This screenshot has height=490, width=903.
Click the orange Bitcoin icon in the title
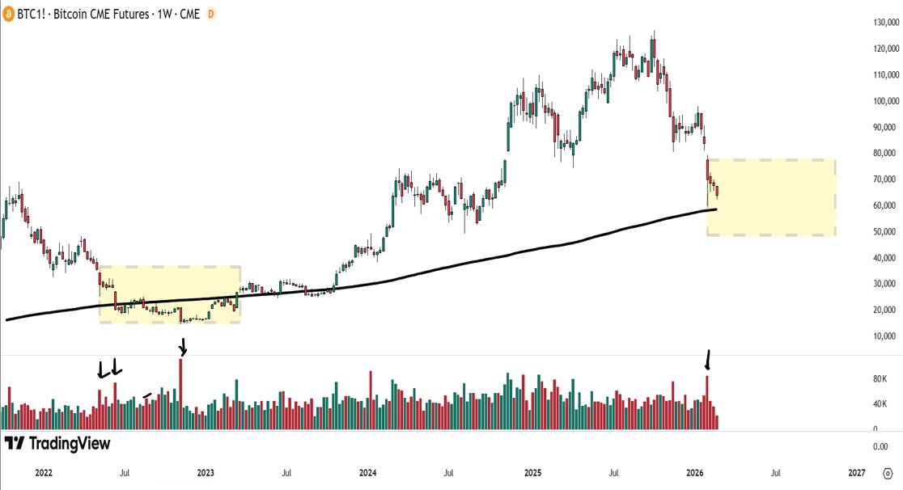point(11,14)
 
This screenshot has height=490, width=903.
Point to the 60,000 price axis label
point(876,206)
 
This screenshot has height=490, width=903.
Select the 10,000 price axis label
point(876,336)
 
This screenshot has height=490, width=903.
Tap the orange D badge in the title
point(211,14)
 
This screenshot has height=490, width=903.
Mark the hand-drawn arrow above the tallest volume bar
point(183,347)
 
